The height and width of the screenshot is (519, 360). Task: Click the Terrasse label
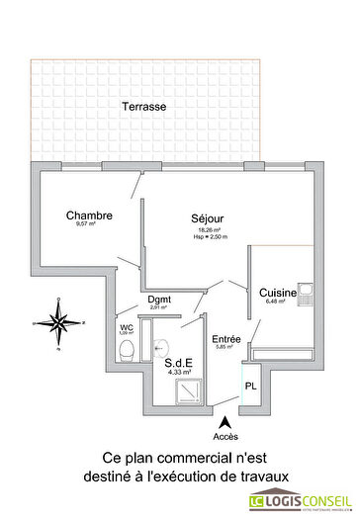[x=143, y=106]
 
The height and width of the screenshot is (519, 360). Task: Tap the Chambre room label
[x=89, y=216]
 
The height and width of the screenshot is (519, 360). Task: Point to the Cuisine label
[x=278, y=293]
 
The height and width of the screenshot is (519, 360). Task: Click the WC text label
[x=127, y=327]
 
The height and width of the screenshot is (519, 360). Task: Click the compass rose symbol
[x=59, y=323]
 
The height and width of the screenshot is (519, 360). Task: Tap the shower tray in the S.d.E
[x=186, y=392]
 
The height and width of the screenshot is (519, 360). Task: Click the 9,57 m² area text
[x=85, y=225]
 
